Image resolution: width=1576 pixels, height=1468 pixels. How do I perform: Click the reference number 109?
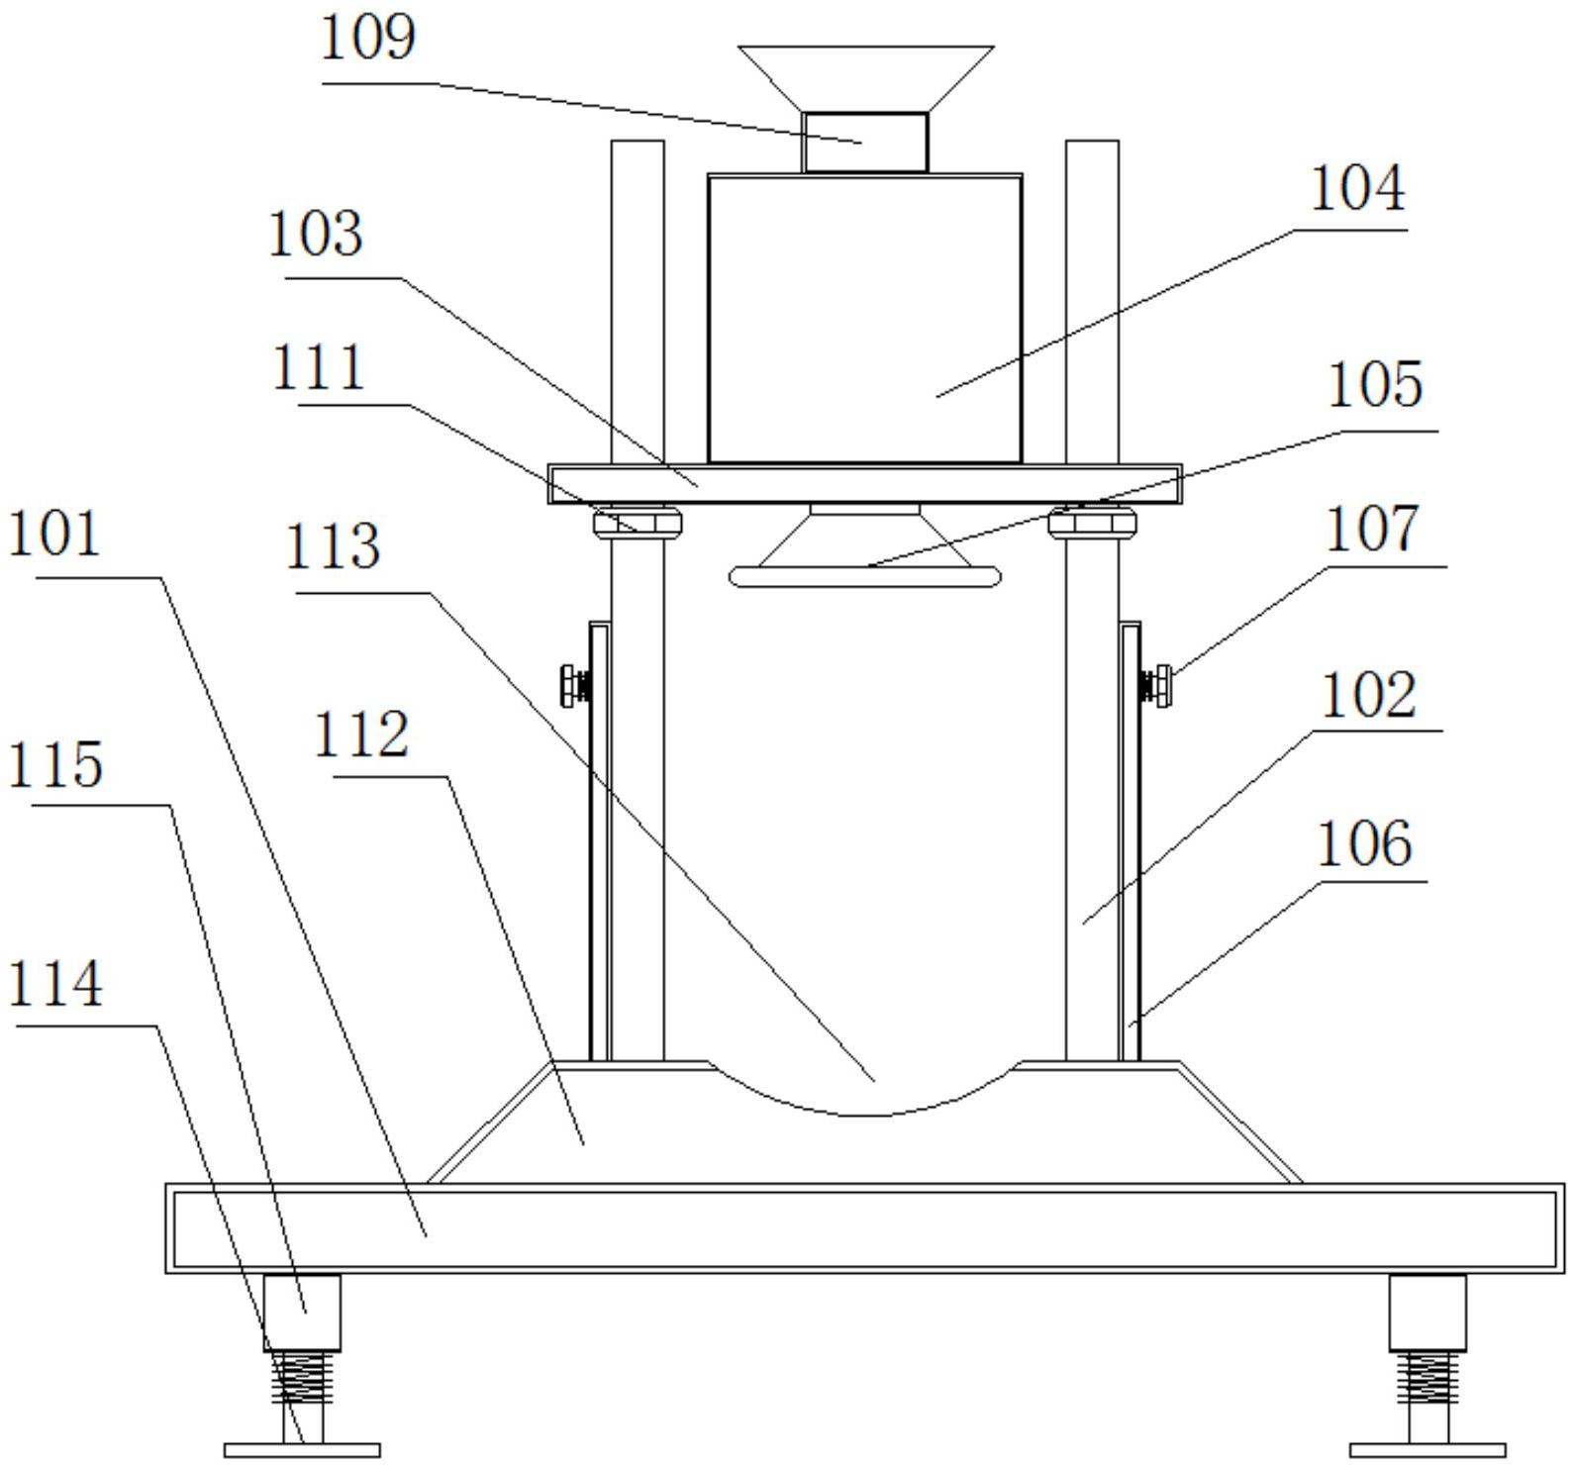click(x=368, y=40)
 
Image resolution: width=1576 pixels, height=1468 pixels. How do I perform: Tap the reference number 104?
click(x=1356, y=189)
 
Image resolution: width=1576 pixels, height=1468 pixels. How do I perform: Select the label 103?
click(x=316, y=236)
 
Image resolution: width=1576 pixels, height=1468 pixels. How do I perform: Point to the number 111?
click(x=318, y=368)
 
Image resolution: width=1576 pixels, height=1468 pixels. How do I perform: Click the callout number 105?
click(x=1374, y=385)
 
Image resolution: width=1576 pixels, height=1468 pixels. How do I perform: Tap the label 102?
click(x=1369, y=695)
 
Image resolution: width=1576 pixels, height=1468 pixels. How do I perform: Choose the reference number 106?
click(x=1363, y=844)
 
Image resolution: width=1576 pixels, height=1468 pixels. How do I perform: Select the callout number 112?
click(x=361, y=735)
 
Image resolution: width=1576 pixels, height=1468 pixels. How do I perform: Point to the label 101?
click(x=54, y=535)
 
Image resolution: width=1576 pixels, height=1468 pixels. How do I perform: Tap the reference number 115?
click(x=55, y=765)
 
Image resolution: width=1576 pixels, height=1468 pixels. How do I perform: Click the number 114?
click(x=55, y=985)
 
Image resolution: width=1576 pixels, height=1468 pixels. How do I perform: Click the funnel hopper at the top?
click(x=865, y=77)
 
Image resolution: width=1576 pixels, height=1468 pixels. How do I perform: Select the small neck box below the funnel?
click(x=865, y=142)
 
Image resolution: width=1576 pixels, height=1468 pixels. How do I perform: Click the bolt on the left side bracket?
click(x=574, y=685)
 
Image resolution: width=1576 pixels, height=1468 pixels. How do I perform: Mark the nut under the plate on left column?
click(x=638, y=521)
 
